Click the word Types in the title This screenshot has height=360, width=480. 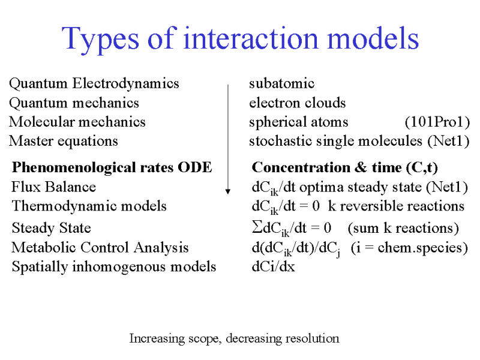100,40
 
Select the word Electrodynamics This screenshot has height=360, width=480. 125,83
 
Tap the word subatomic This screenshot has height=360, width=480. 281,83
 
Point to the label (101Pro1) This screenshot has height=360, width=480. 437,122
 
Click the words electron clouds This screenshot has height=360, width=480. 297,103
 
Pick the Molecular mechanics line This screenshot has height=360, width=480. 77,122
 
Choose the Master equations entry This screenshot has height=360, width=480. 64,142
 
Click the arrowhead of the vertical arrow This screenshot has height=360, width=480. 228,191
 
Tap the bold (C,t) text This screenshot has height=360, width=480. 422,168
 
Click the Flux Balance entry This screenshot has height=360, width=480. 53,187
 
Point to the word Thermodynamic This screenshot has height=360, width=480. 64,206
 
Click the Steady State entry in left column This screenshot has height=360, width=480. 52,228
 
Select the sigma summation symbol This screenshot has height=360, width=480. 257,227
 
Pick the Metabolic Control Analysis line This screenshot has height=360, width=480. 100,248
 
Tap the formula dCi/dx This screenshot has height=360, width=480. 274,266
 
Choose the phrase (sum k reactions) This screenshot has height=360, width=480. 403,228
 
